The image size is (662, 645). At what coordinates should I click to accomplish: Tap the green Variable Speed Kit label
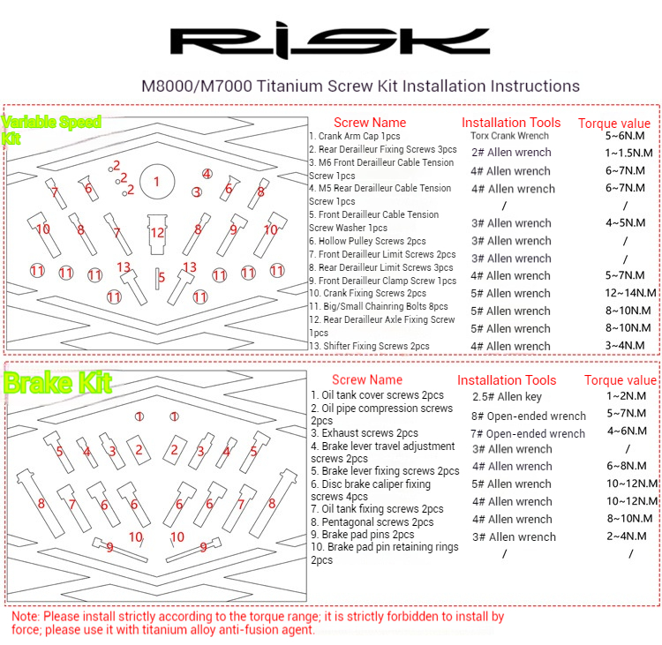(52, 129)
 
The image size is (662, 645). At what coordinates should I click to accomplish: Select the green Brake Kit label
(58, 382)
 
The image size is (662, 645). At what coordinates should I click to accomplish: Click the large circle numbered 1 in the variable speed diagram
(156, 182)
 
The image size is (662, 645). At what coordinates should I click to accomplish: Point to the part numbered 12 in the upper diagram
(157, 232)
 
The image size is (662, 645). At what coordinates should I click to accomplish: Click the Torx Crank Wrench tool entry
(509, 136)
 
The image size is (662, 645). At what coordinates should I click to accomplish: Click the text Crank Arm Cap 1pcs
(355, 137)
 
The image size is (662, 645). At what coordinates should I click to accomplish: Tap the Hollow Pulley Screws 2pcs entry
(367, 241)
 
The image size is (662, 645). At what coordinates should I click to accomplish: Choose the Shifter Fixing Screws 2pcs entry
(370, 346)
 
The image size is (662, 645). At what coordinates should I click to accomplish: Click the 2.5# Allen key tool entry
(508, 398)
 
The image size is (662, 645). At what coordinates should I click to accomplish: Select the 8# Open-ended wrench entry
(528, 416)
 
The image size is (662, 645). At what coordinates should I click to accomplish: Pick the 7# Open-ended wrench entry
(528, 433)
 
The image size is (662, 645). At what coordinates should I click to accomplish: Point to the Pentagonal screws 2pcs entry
(372, 521)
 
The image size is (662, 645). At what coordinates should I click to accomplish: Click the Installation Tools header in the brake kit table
(507, 380)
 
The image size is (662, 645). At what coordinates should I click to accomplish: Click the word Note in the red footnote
(25, 618)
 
